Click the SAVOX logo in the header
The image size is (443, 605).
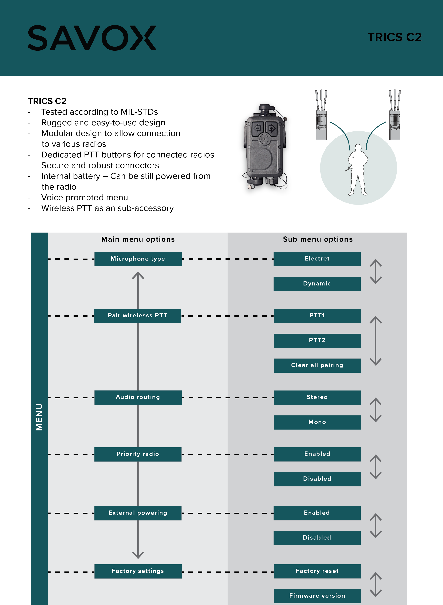pyautogui.click(x=92, y=38)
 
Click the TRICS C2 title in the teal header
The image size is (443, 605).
pyautogui.click(x=394, y=37)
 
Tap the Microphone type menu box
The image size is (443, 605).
pyautogui.click(x=138, y=259)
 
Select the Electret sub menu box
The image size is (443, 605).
pyautogui.click(x=317, y=259)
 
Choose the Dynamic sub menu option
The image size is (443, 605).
pyautogui.click(x=317, y=284)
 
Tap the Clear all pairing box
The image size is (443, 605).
pyautogui.click(x=317, y=366)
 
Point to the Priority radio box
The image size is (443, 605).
pyautogui.click(x=138, y=454)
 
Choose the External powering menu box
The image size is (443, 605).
pyautogui.click(x=138, y=513)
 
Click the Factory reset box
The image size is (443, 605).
pyautogui.click(x=317, y=571)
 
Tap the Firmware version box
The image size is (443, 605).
pyautogui.click(x=317, y=596)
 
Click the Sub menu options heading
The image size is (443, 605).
pyautogui.click(x=318, y=239)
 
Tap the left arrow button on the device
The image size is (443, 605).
pyautogui.click(x=258, y=128)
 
